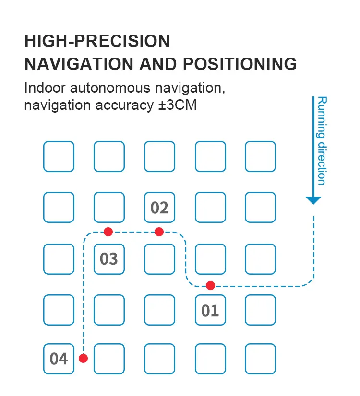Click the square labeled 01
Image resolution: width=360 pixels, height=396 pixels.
point(210,311)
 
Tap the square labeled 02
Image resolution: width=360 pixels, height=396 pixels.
point(159,208)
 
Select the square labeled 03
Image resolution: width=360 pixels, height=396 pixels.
point(109,259)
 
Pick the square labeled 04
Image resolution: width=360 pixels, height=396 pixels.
point(59,359)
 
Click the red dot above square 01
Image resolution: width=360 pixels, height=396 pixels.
point(210,286)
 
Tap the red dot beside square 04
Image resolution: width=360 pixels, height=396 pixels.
point(84,358)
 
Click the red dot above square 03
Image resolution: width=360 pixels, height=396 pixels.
point(108,232)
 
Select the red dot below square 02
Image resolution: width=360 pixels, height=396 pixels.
point(159,232)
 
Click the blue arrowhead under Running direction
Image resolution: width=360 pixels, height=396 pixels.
point(313,200)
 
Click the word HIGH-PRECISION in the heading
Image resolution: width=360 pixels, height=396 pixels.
point(97,41)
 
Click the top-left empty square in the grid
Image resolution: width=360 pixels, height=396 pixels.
point(59,156)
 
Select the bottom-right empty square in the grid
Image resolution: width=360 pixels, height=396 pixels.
point(261,359)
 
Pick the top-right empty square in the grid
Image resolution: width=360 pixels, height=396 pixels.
point(261,156)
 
